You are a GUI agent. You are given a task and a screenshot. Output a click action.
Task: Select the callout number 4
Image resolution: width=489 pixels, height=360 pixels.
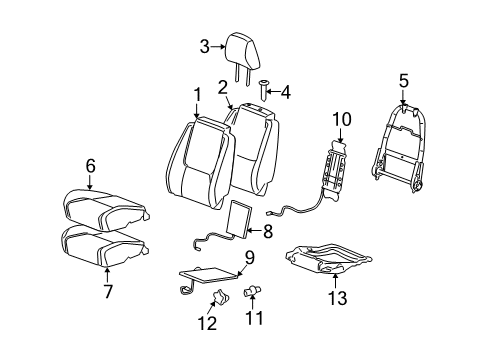pos(286,93)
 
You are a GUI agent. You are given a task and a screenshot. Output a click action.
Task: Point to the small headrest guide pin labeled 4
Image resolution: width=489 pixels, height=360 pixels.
pos(263,90)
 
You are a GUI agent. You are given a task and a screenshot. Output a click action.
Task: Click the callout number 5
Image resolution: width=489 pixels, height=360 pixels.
pos(403,80)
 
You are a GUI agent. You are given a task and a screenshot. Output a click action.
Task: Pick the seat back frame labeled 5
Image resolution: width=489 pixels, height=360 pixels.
pos(407,140)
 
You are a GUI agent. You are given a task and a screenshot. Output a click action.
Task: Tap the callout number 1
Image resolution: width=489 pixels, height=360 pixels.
pos(197,95)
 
